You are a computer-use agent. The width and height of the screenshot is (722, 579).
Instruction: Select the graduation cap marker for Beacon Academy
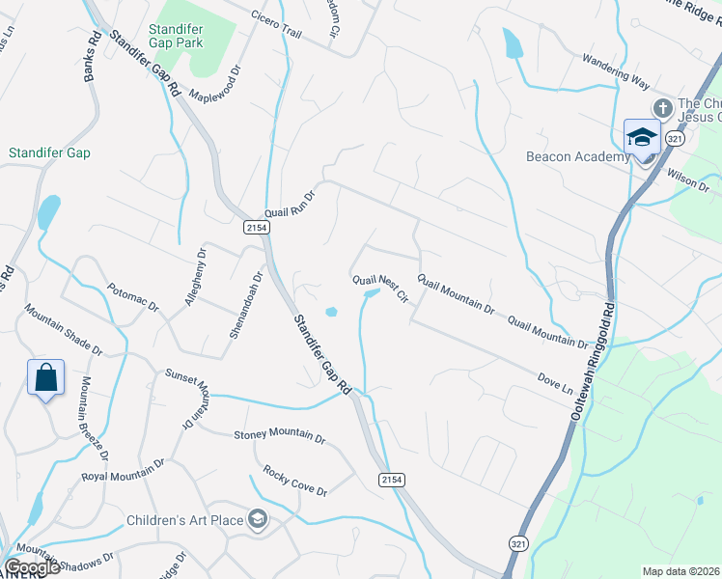click(x=642, y=137)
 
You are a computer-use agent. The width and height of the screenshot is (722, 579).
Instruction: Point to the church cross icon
click(x=662, y=106)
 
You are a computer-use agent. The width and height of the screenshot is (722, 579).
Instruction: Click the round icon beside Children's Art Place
click(x=257, y=520)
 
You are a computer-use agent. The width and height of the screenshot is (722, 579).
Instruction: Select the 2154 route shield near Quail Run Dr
click(x=257, y=227)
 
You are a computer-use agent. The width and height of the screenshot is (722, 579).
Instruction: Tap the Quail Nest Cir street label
click(x=381, y=288)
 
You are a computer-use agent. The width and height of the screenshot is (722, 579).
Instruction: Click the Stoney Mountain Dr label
click(x=280, y=436)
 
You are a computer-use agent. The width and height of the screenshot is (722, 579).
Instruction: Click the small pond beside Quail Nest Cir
click(x=332, y=312)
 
